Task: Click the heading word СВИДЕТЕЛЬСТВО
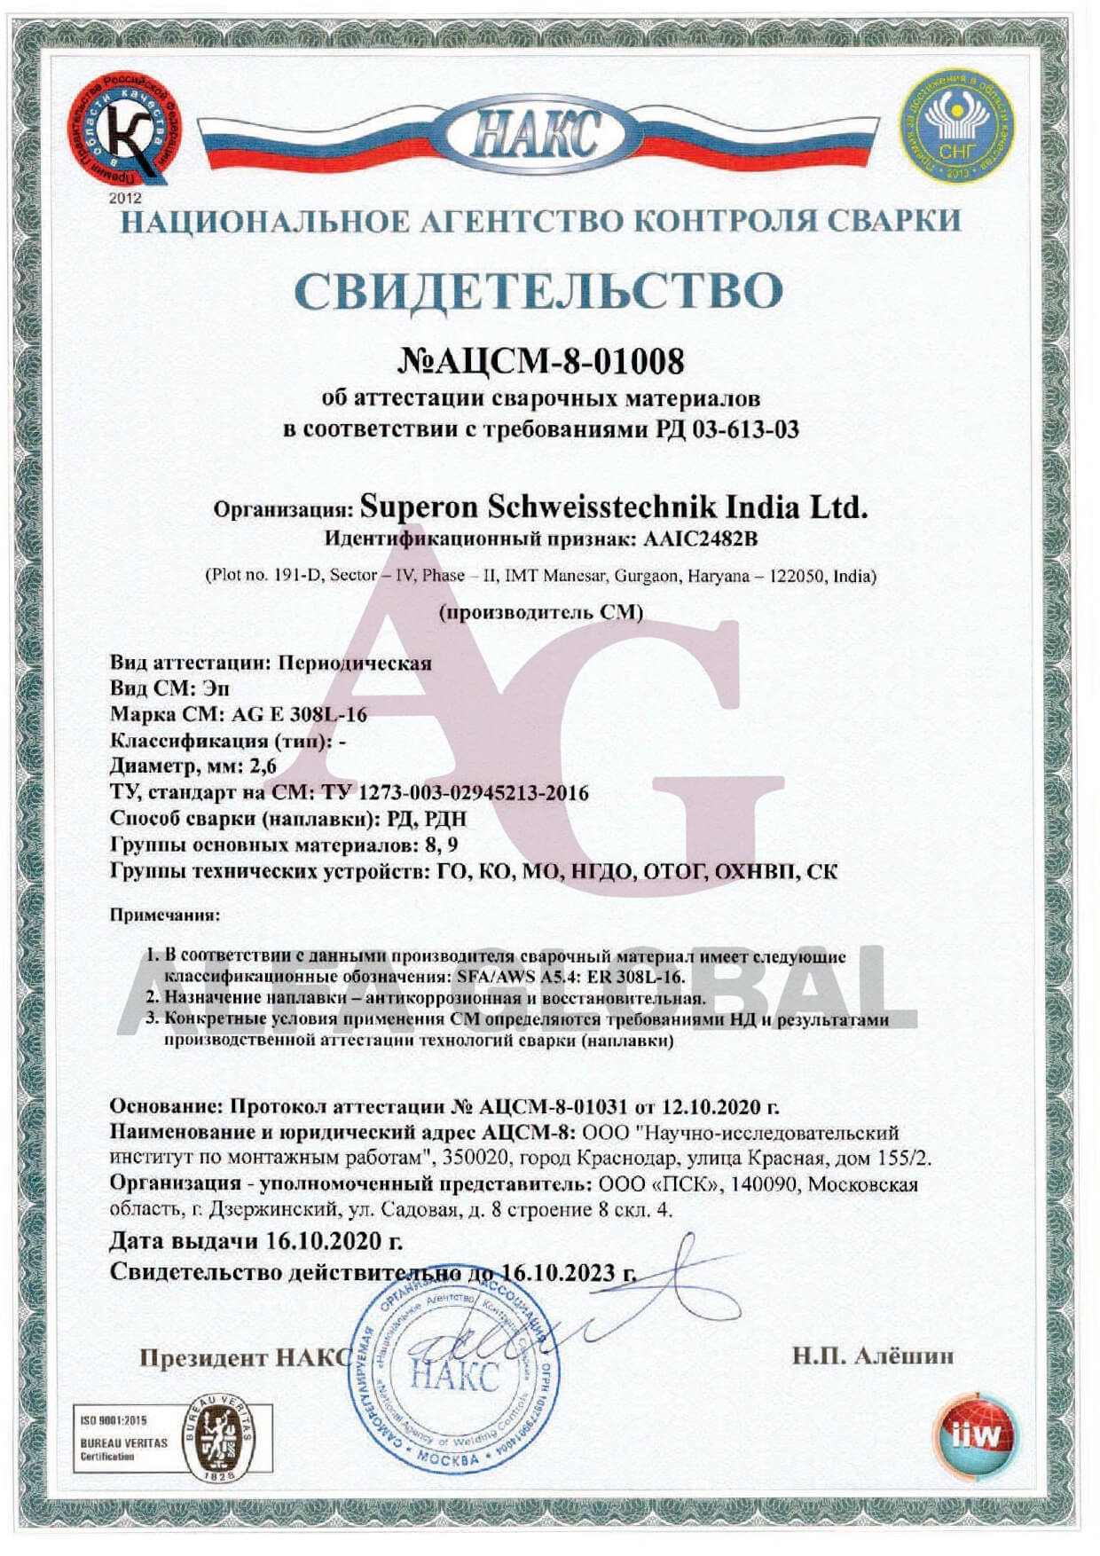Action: pos(538,289)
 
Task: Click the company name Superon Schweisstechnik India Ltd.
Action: pos(613,507)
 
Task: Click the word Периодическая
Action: pos(355,663)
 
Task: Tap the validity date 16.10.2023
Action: pos(557,1272)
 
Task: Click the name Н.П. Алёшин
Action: pos(873,1356)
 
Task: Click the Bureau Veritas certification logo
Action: pos(214,1438)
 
